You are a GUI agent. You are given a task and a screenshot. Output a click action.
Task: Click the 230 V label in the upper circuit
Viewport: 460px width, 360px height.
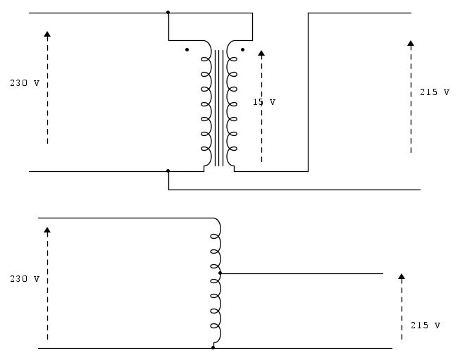pos(25,83)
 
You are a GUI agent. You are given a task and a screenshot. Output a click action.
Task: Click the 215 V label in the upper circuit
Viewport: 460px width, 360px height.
pos(435,92)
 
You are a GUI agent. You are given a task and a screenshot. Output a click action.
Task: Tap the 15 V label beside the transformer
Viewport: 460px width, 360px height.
pos(264,102)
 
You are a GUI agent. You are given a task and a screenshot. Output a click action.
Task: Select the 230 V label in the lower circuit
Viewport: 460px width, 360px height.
pos(25,279)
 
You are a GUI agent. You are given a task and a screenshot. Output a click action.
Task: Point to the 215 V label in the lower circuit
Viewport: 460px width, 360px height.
pos(425,325)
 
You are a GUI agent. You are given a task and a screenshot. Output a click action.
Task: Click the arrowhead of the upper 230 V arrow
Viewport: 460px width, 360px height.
pos(47,34)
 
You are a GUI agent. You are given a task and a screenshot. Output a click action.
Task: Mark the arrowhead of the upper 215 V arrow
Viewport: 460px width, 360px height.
pos(411,43)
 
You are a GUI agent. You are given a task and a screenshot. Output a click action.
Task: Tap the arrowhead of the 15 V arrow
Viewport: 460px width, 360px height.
pos(261,53)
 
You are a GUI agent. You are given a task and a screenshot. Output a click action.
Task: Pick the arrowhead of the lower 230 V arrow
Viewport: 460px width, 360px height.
pos(47,230)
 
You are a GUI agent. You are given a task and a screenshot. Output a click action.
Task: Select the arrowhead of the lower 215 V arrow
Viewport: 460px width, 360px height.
pos(402,276)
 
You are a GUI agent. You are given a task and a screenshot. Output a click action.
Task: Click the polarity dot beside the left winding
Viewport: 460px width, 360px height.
pos(187,49)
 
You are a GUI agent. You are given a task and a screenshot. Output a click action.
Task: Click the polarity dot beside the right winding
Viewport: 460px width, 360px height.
pos(242,49)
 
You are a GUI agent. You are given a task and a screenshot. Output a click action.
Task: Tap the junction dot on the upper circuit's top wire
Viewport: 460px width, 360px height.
pos(168,12)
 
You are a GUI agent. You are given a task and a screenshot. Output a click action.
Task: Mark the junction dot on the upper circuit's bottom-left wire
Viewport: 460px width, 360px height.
pos(168,170)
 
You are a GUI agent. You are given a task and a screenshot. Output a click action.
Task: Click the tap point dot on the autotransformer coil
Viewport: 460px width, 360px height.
pos(220,273)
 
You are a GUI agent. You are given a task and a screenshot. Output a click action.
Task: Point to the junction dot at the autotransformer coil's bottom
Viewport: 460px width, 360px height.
pos(213,348)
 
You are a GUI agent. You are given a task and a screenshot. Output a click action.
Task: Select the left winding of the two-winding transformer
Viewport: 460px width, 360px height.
pos(211,104)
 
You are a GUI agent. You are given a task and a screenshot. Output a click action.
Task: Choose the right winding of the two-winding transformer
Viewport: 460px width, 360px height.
pos(228,104)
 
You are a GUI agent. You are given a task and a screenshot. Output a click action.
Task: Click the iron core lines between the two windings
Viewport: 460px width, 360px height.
pos(219,108)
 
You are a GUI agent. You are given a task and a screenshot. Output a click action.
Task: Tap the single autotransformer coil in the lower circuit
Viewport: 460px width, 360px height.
pos(220,282)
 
